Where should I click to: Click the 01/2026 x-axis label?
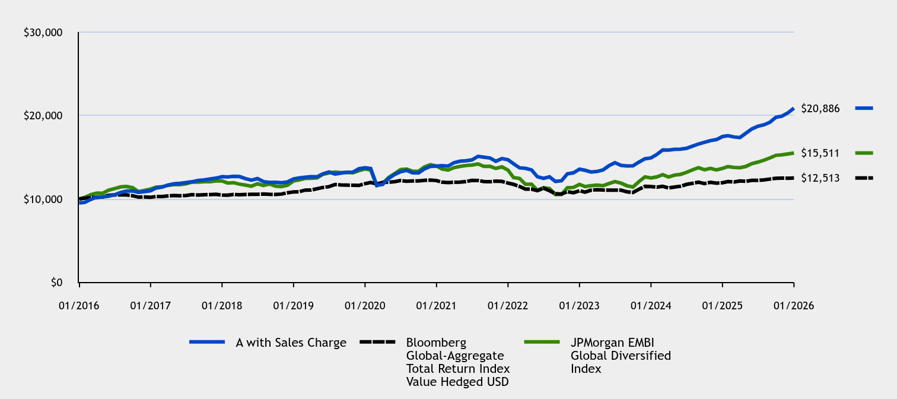point(794,305)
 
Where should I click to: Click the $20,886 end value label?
point(820,108)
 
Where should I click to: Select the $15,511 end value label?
point(820,153)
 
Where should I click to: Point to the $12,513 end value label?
point(820,178)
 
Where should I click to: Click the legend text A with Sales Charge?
point(291,343)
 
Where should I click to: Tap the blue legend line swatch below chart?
point(207,342)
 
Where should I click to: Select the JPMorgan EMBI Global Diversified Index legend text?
point(621,356)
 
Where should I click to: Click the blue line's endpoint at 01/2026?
point(793,109)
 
